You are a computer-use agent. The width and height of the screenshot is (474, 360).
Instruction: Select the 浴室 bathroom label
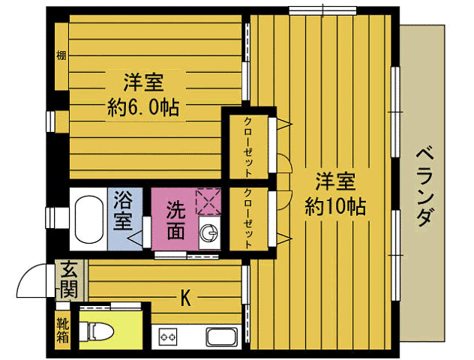(124, 211)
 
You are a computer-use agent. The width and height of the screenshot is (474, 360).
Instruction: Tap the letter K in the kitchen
(184, 298)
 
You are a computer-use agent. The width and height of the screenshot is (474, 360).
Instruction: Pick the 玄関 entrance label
(69, 279)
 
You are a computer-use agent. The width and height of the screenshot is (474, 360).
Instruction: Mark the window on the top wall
(323, 10)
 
